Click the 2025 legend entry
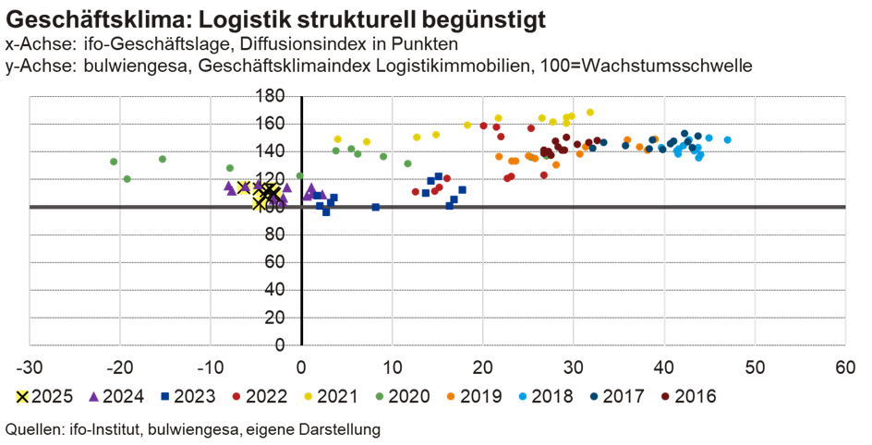tap(42, 396)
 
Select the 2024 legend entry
tap(116, 396)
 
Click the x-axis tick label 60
tap(844, 367)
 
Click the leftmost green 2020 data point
tap(114, 162)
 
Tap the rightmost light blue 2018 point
tap(728, 139)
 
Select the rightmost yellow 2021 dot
tap(590, 113)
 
